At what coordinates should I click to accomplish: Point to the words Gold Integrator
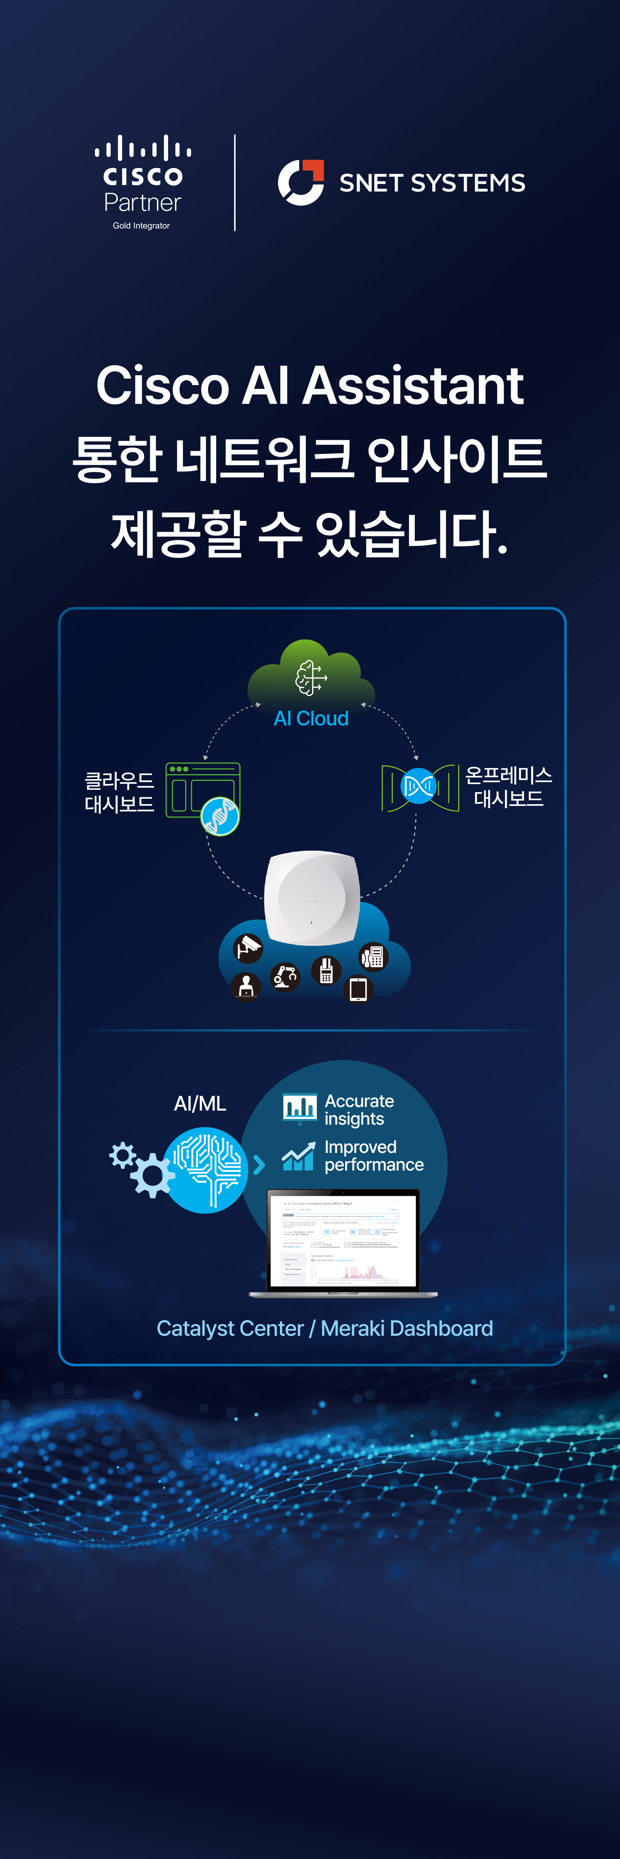click(141, 226)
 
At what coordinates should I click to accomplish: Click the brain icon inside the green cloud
click(310, 678)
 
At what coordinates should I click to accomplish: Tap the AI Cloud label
click(311, 719)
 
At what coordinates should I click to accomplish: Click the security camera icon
click(248, 948)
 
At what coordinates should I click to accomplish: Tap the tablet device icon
click(358, 989)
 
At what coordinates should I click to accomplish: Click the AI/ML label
click(200, 1103)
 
